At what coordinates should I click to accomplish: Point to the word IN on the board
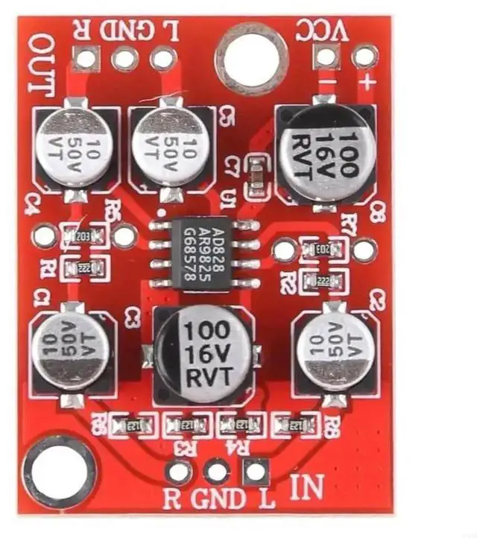coord(306,488)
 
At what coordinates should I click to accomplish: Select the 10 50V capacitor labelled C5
coord(171,146)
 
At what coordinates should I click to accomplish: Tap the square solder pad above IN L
coord(256,471)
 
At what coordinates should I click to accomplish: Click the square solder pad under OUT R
coord(86,58)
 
